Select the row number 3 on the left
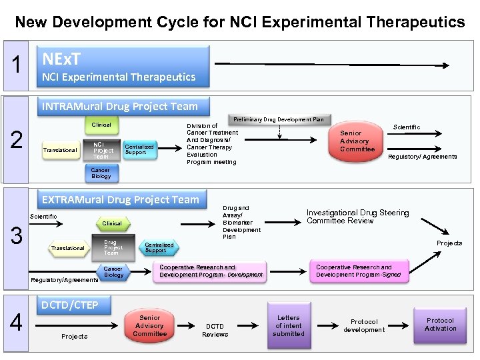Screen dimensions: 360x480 pos(16,235)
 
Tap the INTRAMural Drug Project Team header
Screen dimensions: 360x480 pos(119,106)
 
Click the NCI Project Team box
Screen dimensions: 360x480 pos(103,150)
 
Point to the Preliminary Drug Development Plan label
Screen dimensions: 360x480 pos(278,119)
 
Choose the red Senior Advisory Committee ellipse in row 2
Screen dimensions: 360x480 pos(357,141)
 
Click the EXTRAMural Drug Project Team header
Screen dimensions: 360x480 pos(120,199)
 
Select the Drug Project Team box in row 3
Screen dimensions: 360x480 pos(111,247)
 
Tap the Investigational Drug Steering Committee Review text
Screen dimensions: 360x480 pos(357,217)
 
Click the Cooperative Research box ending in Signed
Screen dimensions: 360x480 pos(359,271)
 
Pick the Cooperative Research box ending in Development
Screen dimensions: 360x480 pos(211,271)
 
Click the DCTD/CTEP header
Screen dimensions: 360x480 pos(69,305)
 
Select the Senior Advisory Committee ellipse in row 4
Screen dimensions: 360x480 pos(150,325)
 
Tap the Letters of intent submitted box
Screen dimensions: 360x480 pos(288,325)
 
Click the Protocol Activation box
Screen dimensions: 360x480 pos(440,325)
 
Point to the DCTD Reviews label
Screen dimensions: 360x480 pos(215,330)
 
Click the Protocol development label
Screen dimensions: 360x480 pos(364,325)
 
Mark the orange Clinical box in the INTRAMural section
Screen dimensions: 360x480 pos(101,125)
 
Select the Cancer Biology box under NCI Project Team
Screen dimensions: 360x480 pos(101,173)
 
